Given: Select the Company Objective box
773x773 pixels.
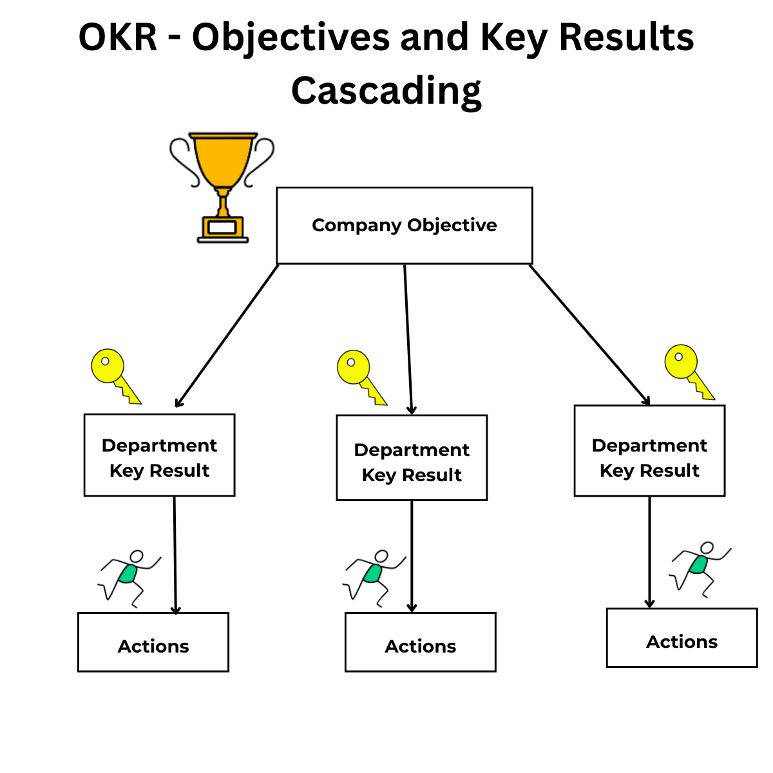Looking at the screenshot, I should [x=404, y=225].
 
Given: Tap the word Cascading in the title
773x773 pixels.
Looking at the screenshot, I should [x=386, y=90].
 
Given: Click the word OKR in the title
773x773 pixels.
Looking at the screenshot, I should [x=118, y=37].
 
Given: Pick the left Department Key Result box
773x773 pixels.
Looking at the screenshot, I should [x=159, y=455].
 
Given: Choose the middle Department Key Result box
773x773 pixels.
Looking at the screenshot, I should [x=412, y=458].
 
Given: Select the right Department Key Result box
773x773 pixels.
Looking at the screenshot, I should [x=649, y=451].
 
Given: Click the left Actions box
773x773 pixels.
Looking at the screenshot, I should [x=153, y=642].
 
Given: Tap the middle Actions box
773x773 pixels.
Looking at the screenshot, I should [x=420, y=642].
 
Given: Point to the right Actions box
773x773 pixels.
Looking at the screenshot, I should [x=682, y=638].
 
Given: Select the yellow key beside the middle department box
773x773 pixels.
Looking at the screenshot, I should [x=360, y=376].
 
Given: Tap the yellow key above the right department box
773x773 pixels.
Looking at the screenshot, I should [x=687, y=370].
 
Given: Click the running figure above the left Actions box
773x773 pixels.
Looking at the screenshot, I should [x=129, y=575].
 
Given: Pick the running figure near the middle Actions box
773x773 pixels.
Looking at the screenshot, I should [x=374, y=575].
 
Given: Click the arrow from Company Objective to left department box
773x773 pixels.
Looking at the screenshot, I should [x=227, y=336].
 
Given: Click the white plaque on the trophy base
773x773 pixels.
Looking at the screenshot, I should [x=222, y=227].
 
